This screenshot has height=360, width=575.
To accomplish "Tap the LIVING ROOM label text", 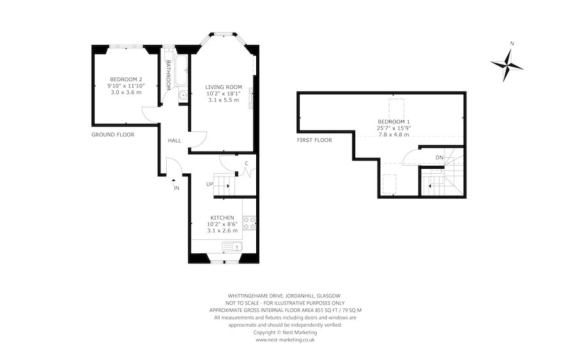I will (x=223, y=87).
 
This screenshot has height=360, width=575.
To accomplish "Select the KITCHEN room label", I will (x=222, y=217).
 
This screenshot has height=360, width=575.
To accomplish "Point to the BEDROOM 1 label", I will (x=394, y=121).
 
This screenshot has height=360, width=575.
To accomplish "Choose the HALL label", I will (x=174, y=141).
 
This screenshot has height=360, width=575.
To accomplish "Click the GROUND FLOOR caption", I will (x=112, y=135).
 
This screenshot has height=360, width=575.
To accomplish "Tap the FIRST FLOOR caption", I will (x=314, y=140).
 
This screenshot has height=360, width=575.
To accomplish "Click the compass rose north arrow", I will (x=507, y=64).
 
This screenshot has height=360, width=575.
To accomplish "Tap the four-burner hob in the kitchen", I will (x=250, y=224).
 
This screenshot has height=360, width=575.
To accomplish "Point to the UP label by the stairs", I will (x=209, y=185).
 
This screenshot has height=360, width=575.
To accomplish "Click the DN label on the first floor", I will (x=439, y=157).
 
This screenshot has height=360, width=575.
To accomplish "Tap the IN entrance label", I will (x=176, y=188).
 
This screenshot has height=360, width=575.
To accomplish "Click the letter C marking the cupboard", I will (x=246, y=164).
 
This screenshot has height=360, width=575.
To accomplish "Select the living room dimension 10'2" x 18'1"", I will (x=223, y=94).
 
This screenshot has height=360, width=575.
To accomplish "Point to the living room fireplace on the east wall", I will (x=252, y=97).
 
